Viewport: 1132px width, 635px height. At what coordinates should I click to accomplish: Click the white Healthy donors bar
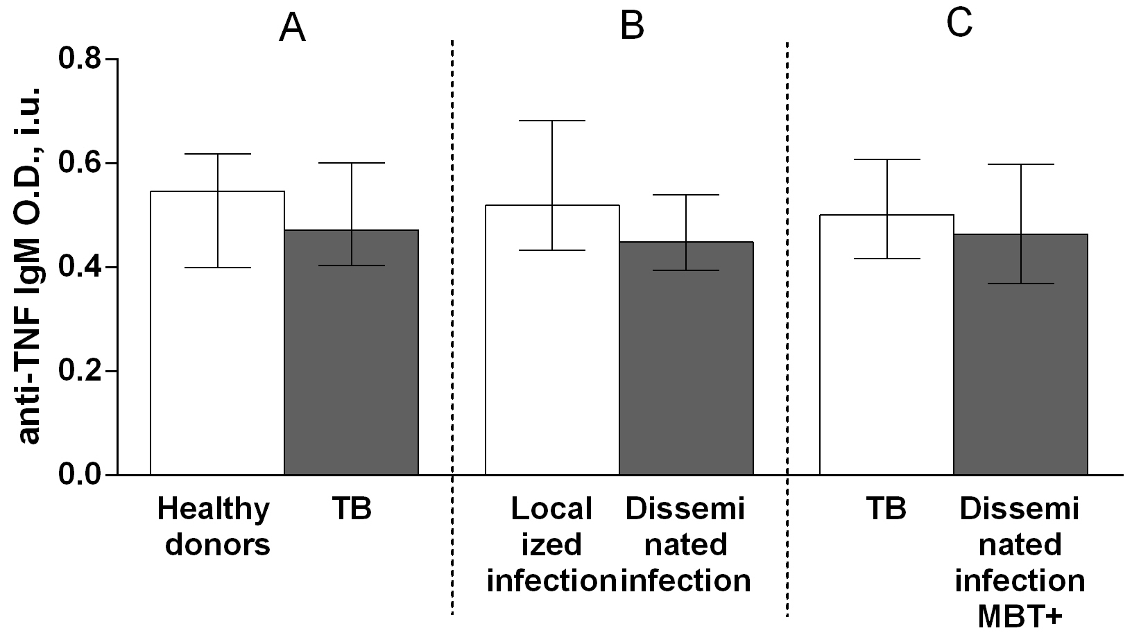point(217,360)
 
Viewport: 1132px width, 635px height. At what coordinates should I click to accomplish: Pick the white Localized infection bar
point(552,367)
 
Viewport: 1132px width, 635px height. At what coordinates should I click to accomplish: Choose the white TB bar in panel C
point(886,367)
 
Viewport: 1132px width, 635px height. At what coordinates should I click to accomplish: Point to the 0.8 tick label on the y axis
point(79,59)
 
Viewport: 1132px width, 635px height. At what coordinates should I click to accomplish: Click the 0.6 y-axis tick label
point(79,164)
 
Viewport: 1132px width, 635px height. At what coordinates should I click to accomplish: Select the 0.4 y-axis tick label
point(79,267)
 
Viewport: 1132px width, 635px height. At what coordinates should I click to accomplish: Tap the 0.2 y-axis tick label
point(79,371)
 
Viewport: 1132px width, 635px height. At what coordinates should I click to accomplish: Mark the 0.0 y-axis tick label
point(79,475)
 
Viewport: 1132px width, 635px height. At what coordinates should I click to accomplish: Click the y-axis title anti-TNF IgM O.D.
point(28,267)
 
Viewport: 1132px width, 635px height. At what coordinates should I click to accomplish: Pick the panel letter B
point(632,26)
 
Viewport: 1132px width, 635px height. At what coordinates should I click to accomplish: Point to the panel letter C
point(959,24)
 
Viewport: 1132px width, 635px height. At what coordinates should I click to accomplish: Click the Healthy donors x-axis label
point(214,527)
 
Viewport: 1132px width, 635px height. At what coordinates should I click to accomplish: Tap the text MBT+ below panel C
point(1020,616)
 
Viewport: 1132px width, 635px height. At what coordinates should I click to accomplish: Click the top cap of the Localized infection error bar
point(552,121)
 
